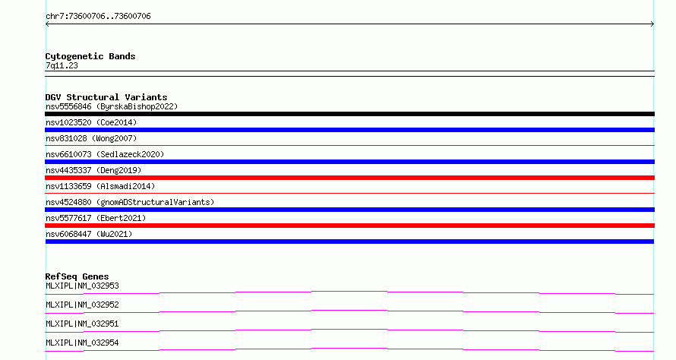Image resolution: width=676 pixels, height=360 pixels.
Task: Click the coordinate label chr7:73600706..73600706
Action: coord(98,17)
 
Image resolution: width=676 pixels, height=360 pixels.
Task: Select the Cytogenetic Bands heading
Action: coord(90,56)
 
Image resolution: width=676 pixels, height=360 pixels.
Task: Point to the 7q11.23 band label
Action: coord(62,65)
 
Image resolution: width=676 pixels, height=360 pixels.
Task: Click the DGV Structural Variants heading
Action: coord(106,97)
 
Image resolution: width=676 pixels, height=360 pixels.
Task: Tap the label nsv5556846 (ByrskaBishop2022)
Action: coord(112,106)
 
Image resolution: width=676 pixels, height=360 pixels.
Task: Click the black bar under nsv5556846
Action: coord(349,114)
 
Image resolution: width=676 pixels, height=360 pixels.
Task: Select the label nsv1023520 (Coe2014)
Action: coord(91,122)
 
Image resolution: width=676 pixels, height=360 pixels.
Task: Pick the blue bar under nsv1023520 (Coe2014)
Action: coord(349,130)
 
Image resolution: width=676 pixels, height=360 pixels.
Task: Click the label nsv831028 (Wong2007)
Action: coord(91,138)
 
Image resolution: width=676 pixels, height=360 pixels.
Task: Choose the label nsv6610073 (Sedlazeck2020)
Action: coord(105,154)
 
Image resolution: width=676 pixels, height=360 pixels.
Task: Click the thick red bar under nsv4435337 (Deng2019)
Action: coord(349,178)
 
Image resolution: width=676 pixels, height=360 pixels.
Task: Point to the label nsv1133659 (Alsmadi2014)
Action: coord(100,186)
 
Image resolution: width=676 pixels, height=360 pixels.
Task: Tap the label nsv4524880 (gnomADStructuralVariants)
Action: coord(130,202)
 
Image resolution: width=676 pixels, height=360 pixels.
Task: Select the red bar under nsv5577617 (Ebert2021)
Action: coord(349,226)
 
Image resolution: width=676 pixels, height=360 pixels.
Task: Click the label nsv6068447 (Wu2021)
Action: coord(89,234)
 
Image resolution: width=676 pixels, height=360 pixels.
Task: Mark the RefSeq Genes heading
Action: coord(77,276)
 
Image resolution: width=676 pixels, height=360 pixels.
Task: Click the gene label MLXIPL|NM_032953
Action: coord(82,286)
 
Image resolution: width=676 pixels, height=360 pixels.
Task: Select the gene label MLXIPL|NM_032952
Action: coord(82,305)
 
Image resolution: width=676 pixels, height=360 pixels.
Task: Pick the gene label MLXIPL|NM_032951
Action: coord(82,324)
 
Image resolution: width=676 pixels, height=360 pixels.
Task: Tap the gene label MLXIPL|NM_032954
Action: coord(82,343)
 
